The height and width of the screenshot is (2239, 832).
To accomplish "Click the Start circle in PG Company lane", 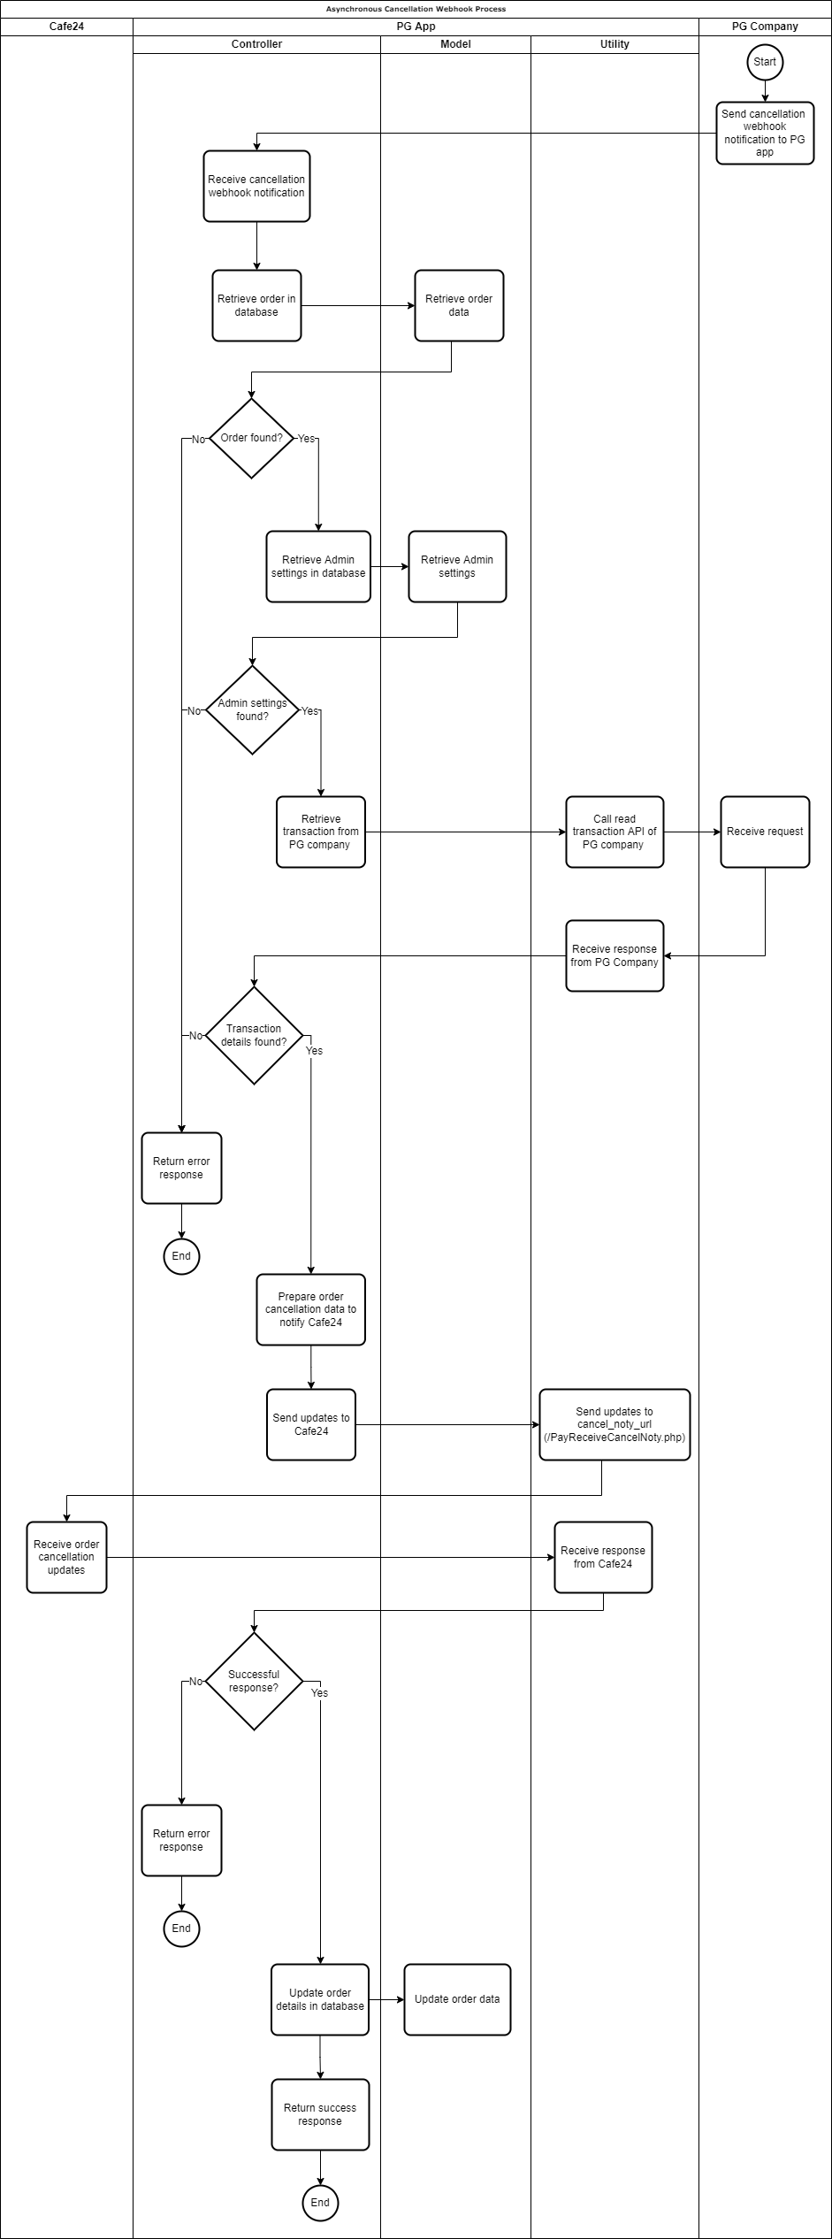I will [765, 62].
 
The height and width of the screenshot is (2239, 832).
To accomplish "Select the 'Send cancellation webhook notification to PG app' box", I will [765, 133].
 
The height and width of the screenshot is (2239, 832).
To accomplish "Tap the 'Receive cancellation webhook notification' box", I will [256, 186].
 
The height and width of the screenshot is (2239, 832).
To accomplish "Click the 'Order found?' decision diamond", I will [252, 438].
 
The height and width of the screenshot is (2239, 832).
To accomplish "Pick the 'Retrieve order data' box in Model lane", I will [459, 305].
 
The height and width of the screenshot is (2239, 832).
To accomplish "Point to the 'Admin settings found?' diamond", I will [252, 709].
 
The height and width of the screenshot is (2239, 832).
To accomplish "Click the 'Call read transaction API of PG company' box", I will [614, 832].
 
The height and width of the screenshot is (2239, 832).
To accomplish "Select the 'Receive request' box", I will [765, 832].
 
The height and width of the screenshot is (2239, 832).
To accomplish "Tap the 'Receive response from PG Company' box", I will [614, 955].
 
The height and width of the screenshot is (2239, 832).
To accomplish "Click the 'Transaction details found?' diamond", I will [254, 1035].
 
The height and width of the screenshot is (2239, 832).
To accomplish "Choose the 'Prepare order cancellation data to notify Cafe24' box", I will [310, 1309].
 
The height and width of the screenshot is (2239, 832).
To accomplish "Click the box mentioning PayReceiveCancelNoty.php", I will [614, 1424].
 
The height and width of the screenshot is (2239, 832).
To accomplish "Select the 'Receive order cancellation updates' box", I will [66, 1557].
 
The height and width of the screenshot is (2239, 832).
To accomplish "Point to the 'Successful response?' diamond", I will [254, 1681].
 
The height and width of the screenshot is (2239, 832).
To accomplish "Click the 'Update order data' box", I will [457, 1999].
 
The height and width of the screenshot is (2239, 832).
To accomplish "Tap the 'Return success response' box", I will [319, 2114].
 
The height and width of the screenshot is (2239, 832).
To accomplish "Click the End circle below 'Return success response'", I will [319, 2203].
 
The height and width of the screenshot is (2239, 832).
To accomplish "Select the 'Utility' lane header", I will [614, 44].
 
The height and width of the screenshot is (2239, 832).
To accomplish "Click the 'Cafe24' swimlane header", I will [66, 27].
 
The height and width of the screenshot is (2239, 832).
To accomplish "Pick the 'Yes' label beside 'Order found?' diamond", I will [306, 439].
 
